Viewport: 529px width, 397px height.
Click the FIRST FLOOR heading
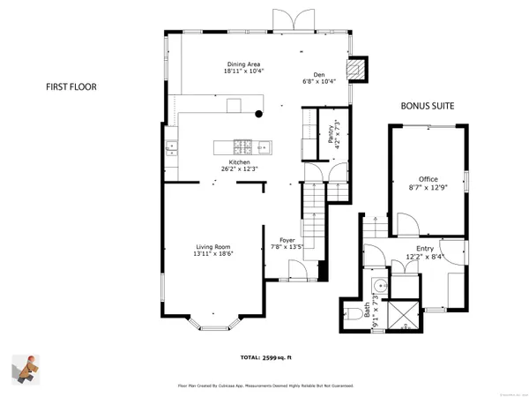point(71,87)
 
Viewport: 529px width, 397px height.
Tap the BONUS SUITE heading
point(428,106)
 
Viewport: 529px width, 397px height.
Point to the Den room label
point(319,74)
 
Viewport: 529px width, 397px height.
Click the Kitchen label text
point(239,162)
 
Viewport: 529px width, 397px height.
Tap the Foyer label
point(287,240)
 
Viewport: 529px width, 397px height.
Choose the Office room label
point(428,179)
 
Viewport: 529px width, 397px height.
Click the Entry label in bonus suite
point(425,250)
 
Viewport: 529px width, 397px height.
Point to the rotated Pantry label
point(331,134)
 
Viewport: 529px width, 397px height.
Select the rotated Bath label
point(366,311)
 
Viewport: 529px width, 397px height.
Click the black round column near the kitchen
point(258,113)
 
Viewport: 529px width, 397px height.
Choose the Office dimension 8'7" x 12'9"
point(428,187)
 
